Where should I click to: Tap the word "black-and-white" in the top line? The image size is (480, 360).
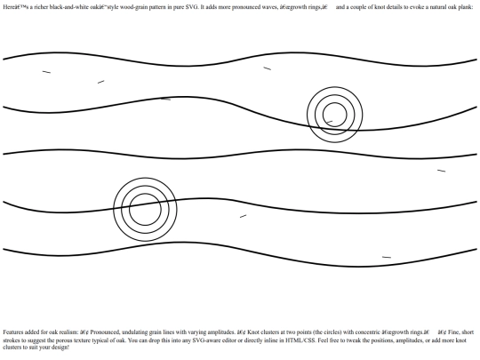click(x=65, y=7)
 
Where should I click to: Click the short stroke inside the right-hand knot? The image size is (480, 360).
click(x=329, y=122)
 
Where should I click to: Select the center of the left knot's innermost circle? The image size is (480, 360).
click(x=145, y=210)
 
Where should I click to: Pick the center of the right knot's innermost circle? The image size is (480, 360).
click(x=335, y=115)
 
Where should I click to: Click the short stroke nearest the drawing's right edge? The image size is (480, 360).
click(x=442, y=171)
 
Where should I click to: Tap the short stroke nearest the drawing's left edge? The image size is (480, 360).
click(x=46, y=72)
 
